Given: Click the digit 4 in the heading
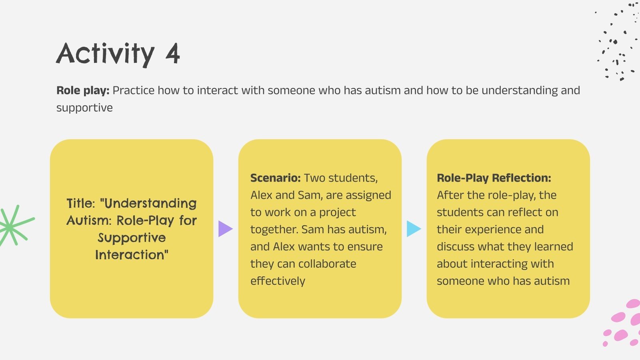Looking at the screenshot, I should pos(173,54).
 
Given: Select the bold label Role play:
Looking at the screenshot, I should pos(83,90).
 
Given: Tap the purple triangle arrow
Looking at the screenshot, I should pos(225,229).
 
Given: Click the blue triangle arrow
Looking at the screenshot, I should pos(413,229).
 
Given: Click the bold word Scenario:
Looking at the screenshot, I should pos(275,178).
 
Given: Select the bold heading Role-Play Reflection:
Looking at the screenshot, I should pos(494,178).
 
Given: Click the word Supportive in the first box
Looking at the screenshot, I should pos(132,238).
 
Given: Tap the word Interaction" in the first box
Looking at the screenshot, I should pos(132,255).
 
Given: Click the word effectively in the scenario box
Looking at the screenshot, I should pos(278,281).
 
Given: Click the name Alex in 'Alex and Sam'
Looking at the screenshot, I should pos(261,195).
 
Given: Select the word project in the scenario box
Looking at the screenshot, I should pos(337,212).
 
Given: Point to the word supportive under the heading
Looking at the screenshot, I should pos(84,108).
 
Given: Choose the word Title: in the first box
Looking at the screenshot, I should pos(81,203).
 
